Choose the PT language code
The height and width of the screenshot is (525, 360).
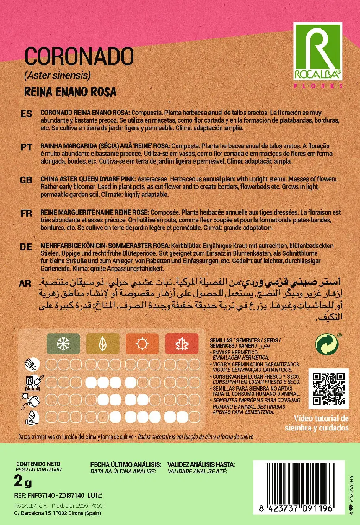click(x=26, y=147)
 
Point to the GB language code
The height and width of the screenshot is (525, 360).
click(x=26, y=180)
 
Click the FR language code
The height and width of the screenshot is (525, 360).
click(x=26, y=213)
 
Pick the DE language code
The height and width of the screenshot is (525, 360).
click(x=26, y=247)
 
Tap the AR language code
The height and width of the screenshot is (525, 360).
click(x=26, y=284)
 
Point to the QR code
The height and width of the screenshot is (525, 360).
click(x=328, y=389)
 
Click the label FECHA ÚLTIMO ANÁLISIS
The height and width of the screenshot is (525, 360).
click(x=125, y=464)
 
